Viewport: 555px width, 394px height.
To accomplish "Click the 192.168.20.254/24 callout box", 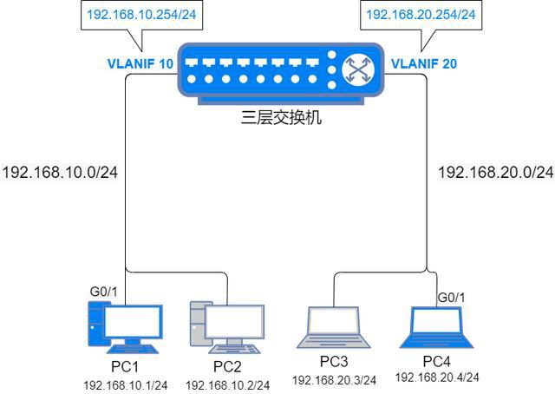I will click(421, 15).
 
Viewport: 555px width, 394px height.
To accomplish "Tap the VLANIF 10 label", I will click(140, 64).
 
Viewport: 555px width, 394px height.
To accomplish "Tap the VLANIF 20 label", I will click(424, 64).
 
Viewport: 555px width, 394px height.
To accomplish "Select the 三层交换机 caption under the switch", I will click(281, 116).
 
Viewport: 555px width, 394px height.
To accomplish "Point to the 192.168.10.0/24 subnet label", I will click(60, 172).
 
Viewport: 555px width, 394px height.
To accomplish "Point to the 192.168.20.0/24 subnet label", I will click(495, 172).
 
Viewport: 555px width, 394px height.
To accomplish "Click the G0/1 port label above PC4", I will click(450, 298).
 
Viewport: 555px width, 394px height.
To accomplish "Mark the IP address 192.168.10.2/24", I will click(227, 384).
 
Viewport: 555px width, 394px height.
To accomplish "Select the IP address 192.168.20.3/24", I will click(334, 380).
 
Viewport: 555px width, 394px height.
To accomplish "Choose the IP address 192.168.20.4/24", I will click(437, 377).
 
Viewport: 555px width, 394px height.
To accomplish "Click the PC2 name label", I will click(226, 366).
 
